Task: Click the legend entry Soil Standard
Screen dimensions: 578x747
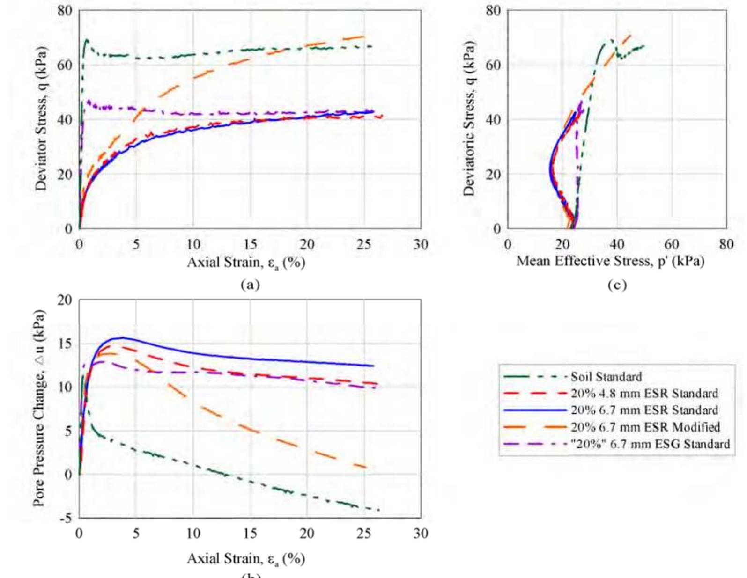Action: [606, 377]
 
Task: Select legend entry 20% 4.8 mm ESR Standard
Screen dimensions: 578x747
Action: [644, 393]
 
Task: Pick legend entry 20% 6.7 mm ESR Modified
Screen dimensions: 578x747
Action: [645, 427]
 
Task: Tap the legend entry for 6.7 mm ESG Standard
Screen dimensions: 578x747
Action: [650, 444]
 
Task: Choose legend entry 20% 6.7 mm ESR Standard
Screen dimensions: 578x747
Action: [644, 410]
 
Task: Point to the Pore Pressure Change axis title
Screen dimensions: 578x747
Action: [40, 408]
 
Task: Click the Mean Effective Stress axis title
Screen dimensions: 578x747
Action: [610, 261]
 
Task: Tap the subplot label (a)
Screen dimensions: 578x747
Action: [249, 284]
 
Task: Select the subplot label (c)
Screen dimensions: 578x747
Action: [616, 285]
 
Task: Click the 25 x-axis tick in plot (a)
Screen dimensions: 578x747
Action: [363, 244]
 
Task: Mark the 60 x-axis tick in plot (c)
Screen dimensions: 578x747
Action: [671, 244]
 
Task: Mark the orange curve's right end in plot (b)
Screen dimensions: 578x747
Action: [367, 467]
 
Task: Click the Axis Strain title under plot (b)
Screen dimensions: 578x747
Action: [246, 559]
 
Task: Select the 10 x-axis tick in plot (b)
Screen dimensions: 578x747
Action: [193, 533]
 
